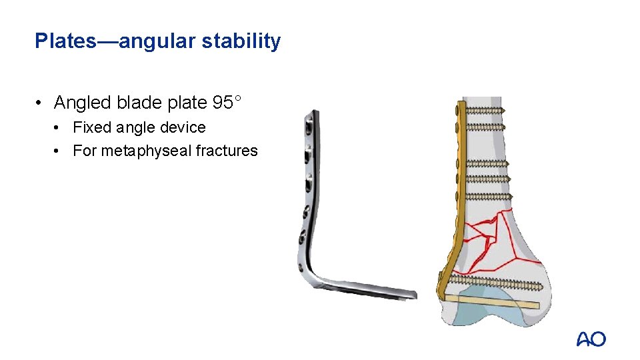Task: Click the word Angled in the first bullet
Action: coord(83,103)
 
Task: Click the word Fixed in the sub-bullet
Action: coord(88,127)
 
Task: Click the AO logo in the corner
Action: coord(591,339)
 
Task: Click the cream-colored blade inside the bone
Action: coord(493,301)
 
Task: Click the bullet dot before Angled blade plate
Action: coord(41,103)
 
